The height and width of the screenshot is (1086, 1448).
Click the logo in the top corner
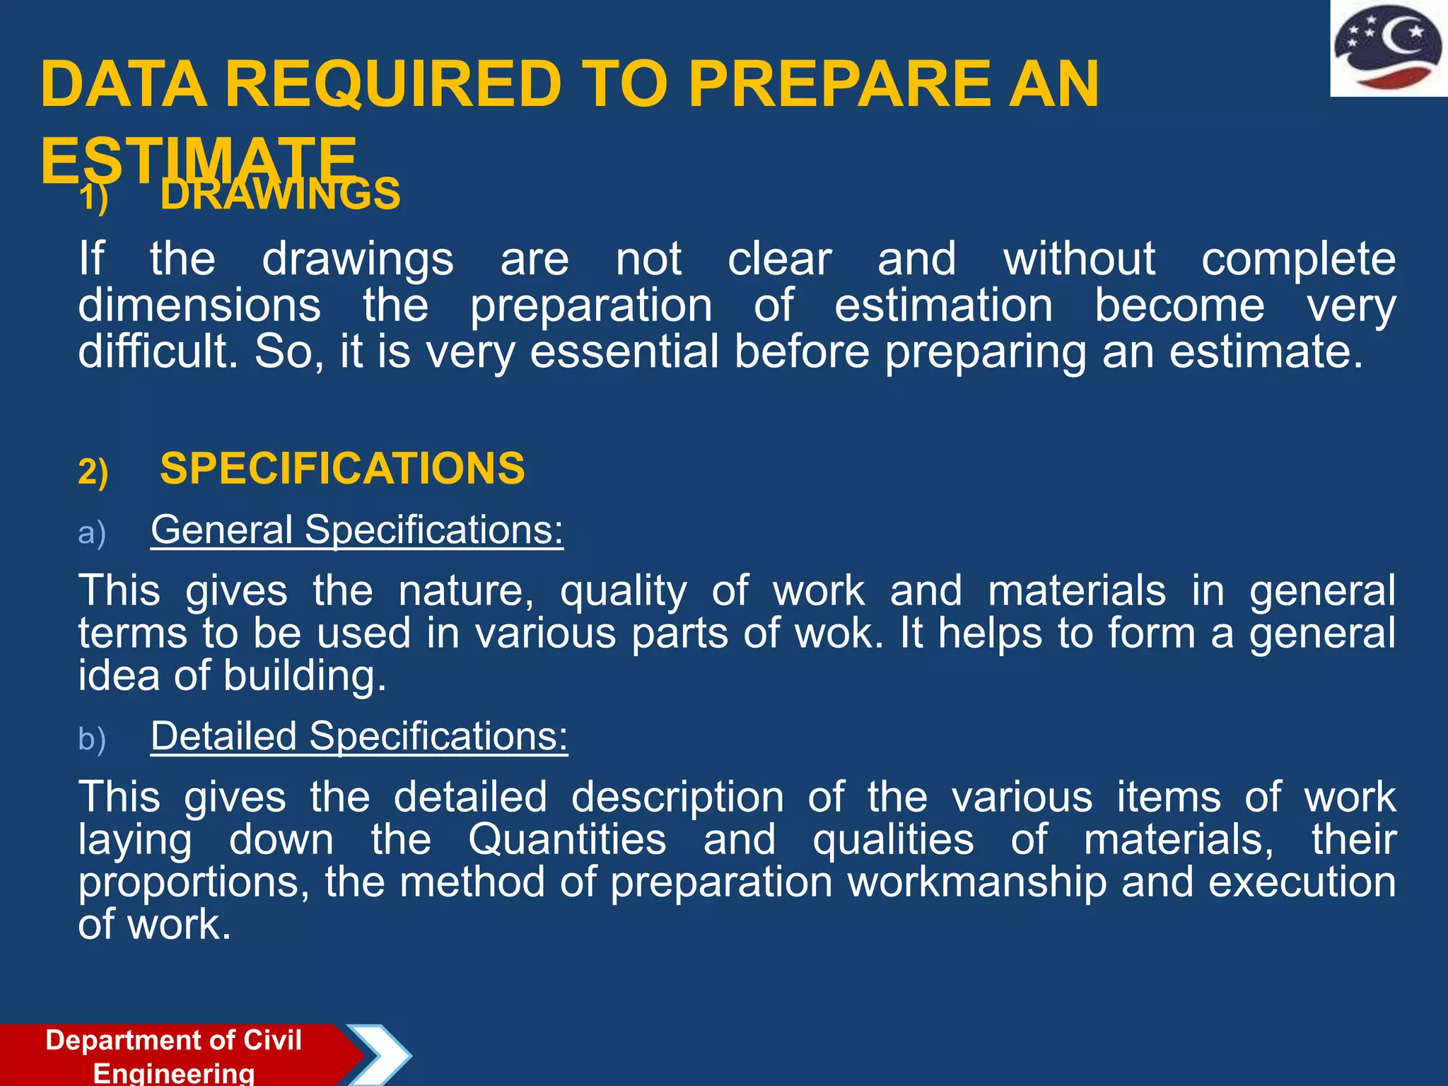point(1388,48)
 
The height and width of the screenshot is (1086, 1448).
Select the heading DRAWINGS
point(280,195)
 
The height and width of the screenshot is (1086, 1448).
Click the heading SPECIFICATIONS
point(342,468)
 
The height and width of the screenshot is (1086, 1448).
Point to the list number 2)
point(93,472)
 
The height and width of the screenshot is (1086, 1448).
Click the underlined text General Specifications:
point(357,530)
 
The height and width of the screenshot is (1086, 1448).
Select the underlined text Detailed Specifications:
point(359,736)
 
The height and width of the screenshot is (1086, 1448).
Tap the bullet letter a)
point(92,533)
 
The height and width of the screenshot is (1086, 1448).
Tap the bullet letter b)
point(92,740)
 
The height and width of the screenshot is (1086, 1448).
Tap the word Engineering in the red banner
point(174,1073)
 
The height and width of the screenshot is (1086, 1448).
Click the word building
point(305,676)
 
